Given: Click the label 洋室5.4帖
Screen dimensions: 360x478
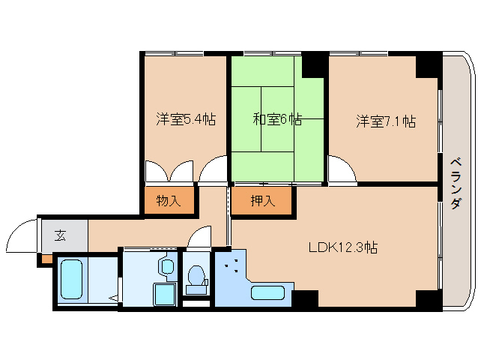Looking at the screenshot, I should click(x=186, y=118).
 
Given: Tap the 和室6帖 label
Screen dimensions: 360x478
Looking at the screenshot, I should click(x=276, y=118).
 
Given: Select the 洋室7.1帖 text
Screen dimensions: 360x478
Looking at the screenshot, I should click(x=385, y=121).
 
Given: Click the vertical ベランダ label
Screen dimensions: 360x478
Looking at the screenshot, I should click(x=456, y=184).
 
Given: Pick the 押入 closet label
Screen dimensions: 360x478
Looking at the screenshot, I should click(x=261, y=200).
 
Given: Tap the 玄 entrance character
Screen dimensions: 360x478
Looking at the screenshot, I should click(x=60, y=235).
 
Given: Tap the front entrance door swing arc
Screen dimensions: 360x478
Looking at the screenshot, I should click(x=20, y=236).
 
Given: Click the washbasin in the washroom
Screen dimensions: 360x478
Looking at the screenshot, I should click(x=166, y=266).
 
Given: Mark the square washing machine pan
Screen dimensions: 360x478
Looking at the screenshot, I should click(x=163, y=293).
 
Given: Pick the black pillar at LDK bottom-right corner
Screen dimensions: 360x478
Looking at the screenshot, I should click(x=428, y=298).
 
